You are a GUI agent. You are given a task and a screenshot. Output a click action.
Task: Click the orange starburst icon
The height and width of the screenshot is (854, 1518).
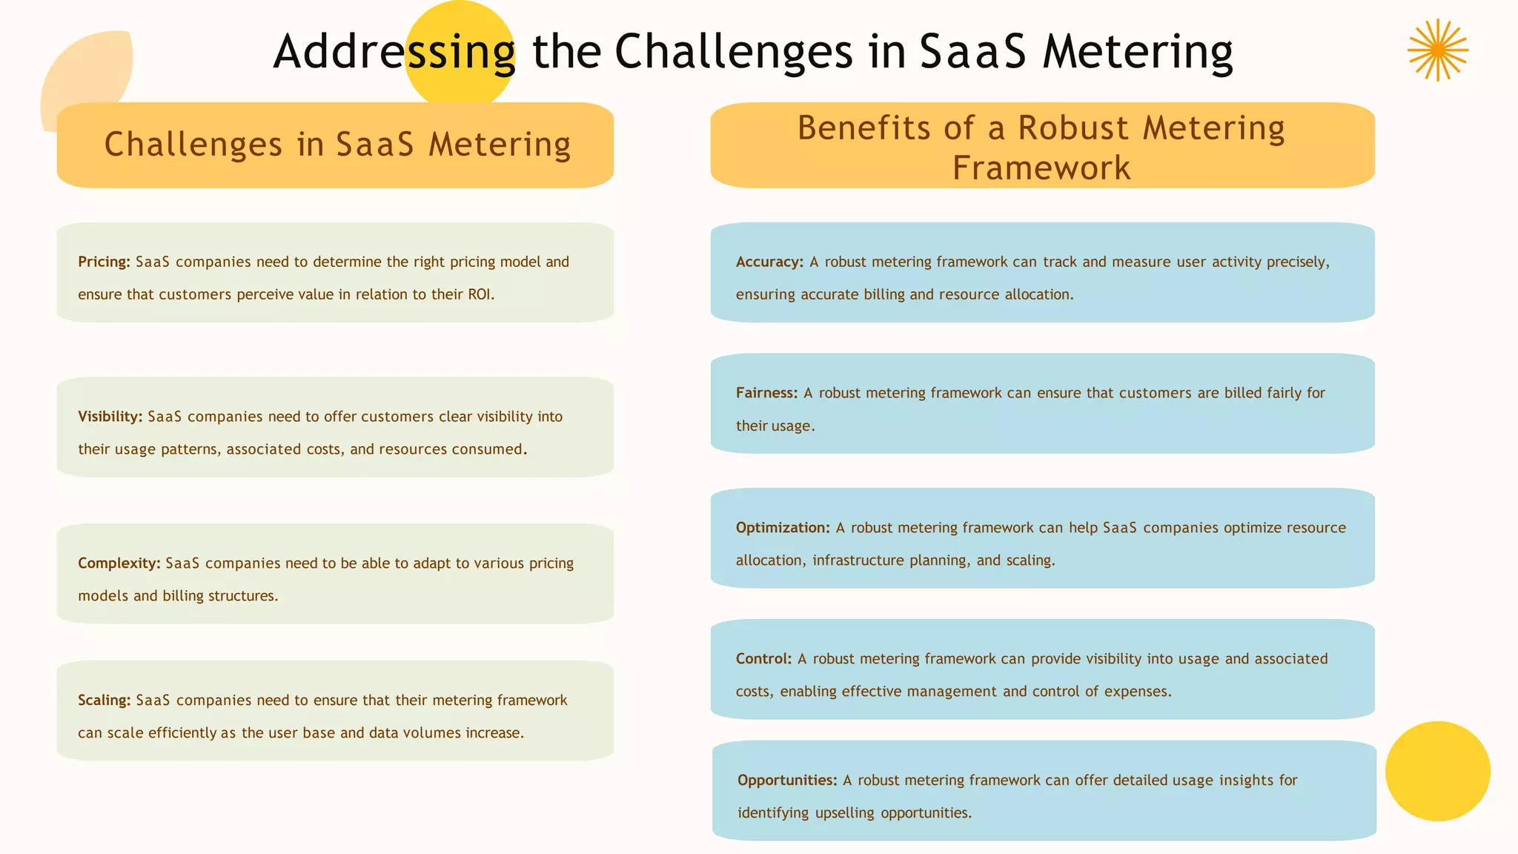[x=1437, y=50]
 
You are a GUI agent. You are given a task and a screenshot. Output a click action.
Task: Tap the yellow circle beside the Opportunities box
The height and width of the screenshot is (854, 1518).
[x=1437, y=771]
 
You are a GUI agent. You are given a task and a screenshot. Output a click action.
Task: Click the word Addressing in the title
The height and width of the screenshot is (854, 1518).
[x=394, y=52]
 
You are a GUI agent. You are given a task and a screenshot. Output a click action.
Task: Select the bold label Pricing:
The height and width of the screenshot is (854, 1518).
[x=104, y=262]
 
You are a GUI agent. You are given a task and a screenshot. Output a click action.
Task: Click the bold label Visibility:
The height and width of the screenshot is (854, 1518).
[x=110, y=417]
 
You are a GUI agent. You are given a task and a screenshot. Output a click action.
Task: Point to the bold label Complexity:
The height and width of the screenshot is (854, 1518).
[x=119, y=563]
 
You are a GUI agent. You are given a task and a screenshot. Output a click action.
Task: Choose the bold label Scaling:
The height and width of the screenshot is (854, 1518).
[x=104, y=701]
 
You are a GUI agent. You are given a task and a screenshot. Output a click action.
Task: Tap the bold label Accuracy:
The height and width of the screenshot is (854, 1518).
[x=769, y=262]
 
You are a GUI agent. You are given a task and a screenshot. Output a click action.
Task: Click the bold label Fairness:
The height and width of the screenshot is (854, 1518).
[x=766, y=393]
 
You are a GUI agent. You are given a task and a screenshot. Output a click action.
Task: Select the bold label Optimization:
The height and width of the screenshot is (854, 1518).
[x=782, y=528]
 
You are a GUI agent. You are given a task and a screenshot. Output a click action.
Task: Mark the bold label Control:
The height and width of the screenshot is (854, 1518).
[x=763, y=659]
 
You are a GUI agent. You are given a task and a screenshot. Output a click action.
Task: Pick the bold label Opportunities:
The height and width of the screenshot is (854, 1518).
[x=786, y=781]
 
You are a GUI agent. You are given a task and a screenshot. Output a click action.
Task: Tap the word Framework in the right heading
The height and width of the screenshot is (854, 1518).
[x=1041, y=168]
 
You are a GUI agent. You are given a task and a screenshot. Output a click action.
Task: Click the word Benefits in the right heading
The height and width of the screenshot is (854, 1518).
[x=864, y=128]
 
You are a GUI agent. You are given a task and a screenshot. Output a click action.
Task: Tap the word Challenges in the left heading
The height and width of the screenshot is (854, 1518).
[x=193, y=145]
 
